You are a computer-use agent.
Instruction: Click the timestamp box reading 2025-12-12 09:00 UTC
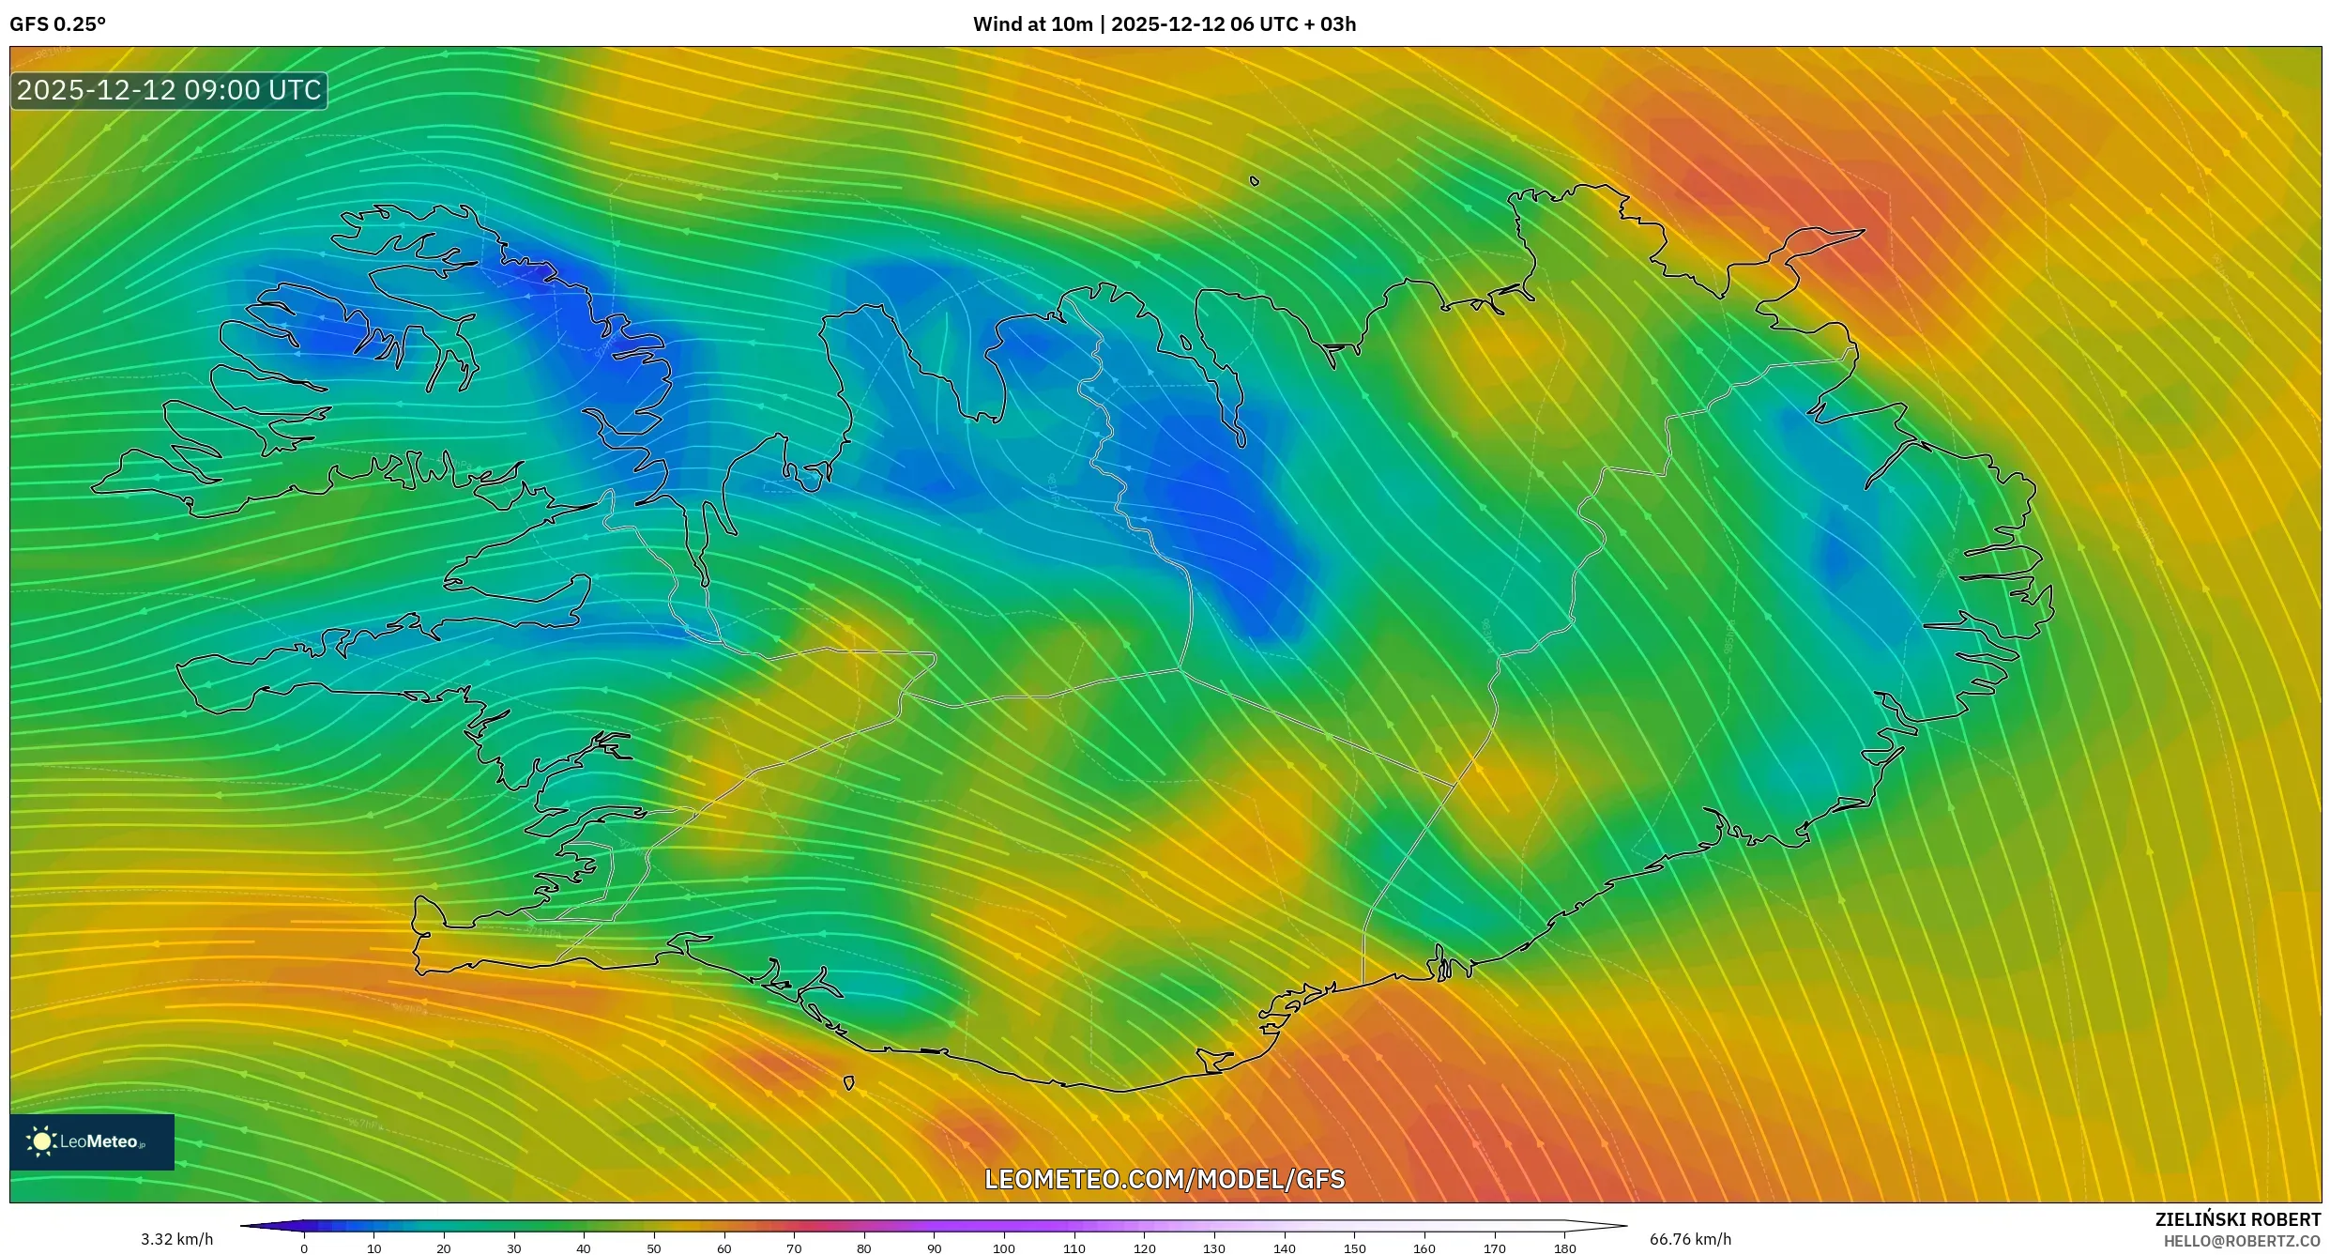[169, 91]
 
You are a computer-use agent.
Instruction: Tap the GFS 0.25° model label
[57, 24]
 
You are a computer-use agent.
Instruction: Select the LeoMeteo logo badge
[92, 1141]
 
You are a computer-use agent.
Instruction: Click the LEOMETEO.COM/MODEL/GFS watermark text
[1165, 1179]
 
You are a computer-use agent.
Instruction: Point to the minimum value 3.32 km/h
[176, 1239]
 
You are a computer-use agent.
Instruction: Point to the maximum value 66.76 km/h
[1690, 1239]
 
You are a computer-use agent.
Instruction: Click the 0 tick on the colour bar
[304, 1248]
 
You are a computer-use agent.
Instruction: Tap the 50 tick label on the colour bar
[654, 1248]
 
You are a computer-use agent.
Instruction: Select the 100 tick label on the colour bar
[1004, 1248]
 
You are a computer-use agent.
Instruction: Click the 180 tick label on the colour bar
[1564, 1248]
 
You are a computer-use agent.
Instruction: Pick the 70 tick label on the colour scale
[794, 1248]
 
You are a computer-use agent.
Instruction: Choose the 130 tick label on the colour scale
[1214, 1248]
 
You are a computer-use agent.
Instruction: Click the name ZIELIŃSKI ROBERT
[2237, 1219]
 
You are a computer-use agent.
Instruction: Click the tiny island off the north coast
[1255, 181]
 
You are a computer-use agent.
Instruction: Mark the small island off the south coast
[848, 1083]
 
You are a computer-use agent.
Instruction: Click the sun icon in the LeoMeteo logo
[41, 1141]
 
